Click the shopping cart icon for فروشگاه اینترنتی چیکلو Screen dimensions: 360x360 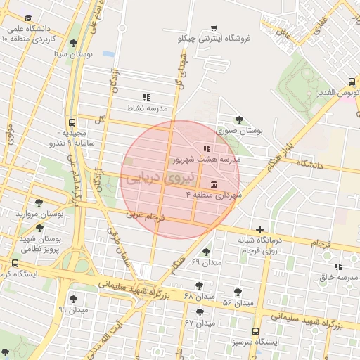214,28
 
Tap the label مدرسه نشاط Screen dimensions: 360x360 146,108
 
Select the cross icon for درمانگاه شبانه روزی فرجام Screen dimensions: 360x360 260,229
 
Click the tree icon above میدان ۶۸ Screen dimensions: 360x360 200,285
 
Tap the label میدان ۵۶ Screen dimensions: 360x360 237,302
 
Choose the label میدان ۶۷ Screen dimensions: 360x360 200,323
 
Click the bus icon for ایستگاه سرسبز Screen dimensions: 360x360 255,331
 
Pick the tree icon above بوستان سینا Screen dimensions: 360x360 73,43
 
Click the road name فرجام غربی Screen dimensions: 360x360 145,216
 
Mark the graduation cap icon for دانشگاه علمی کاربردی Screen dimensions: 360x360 28,18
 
